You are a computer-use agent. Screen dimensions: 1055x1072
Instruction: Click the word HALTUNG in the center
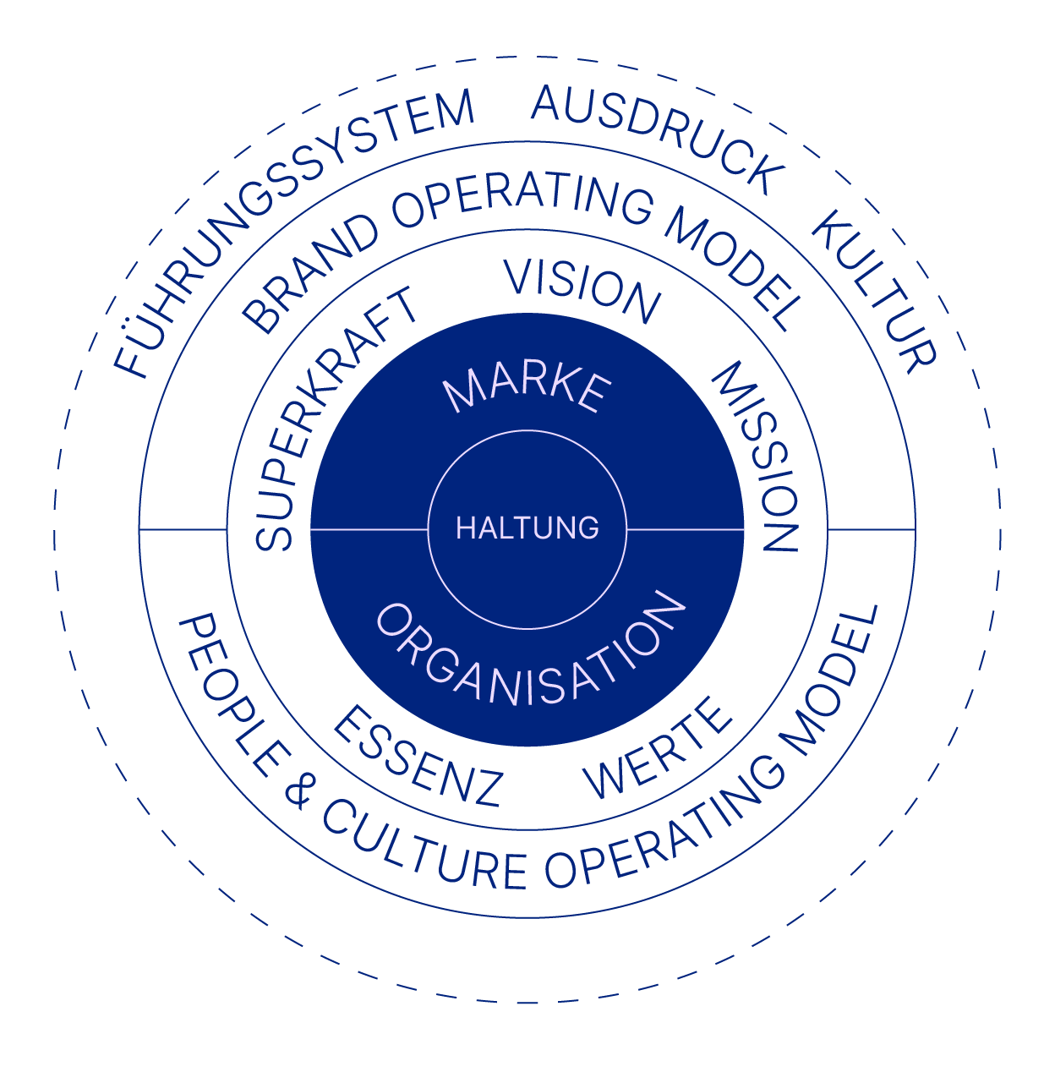coord(527,528)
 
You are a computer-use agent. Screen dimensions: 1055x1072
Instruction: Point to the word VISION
coord(582,290)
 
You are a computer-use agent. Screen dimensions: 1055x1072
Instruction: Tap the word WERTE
coord(657,749)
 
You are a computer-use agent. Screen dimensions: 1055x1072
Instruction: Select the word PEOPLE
coord(232,696)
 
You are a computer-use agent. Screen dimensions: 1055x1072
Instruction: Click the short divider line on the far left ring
coord(183,529)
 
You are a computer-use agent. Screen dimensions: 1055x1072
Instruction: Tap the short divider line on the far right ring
coord(872,529)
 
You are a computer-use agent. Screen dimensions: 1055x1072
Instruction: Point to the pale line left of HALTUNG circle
coord(369,529)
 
